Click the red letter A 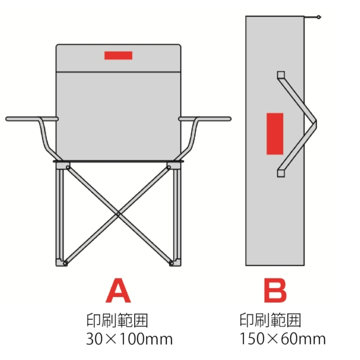[x=118, y=292]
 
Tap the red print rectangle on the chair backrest [x=118, y=55]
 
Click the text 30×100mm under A [x=130, y=339]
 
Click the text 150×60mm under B [x=282, y=339]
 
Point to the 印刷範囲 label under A [x=118, y=319]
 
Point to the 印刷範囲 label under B [x=270, y=319]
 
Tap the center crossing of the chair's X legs [x=118, y=213]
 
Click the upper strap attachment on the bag [x=280, y=75]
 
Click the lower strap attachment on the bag [x=280, y=173]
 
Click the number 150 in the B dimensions [x=250, y=339]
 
